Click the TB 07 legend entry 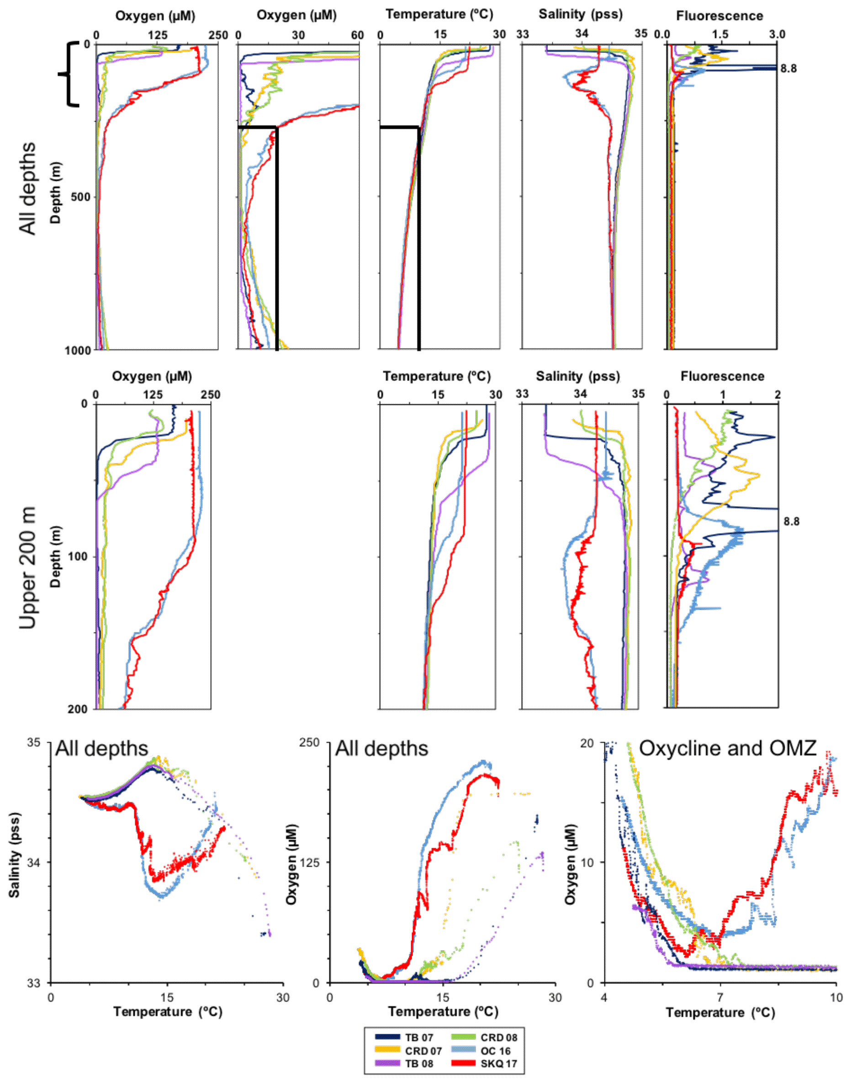coord(404,1037)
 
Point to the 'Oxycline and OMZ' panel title coord(727,748)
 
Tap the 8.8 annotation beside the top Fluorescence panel coord(788,69)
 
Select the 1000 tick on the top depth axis coord(78,350)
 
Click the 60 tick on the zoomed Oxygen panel coord(357,35)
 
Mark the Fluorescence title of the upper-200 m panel coord(722,376)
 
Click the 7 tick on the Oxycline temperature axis coord(720,997)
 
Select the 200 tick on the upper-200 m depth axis coord(80,709)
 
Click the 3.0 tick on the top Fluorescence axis coord(777,34)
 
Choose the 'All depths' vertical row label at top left coord(28,188)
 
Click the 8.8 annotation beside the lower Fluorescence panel coord(791,522)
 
